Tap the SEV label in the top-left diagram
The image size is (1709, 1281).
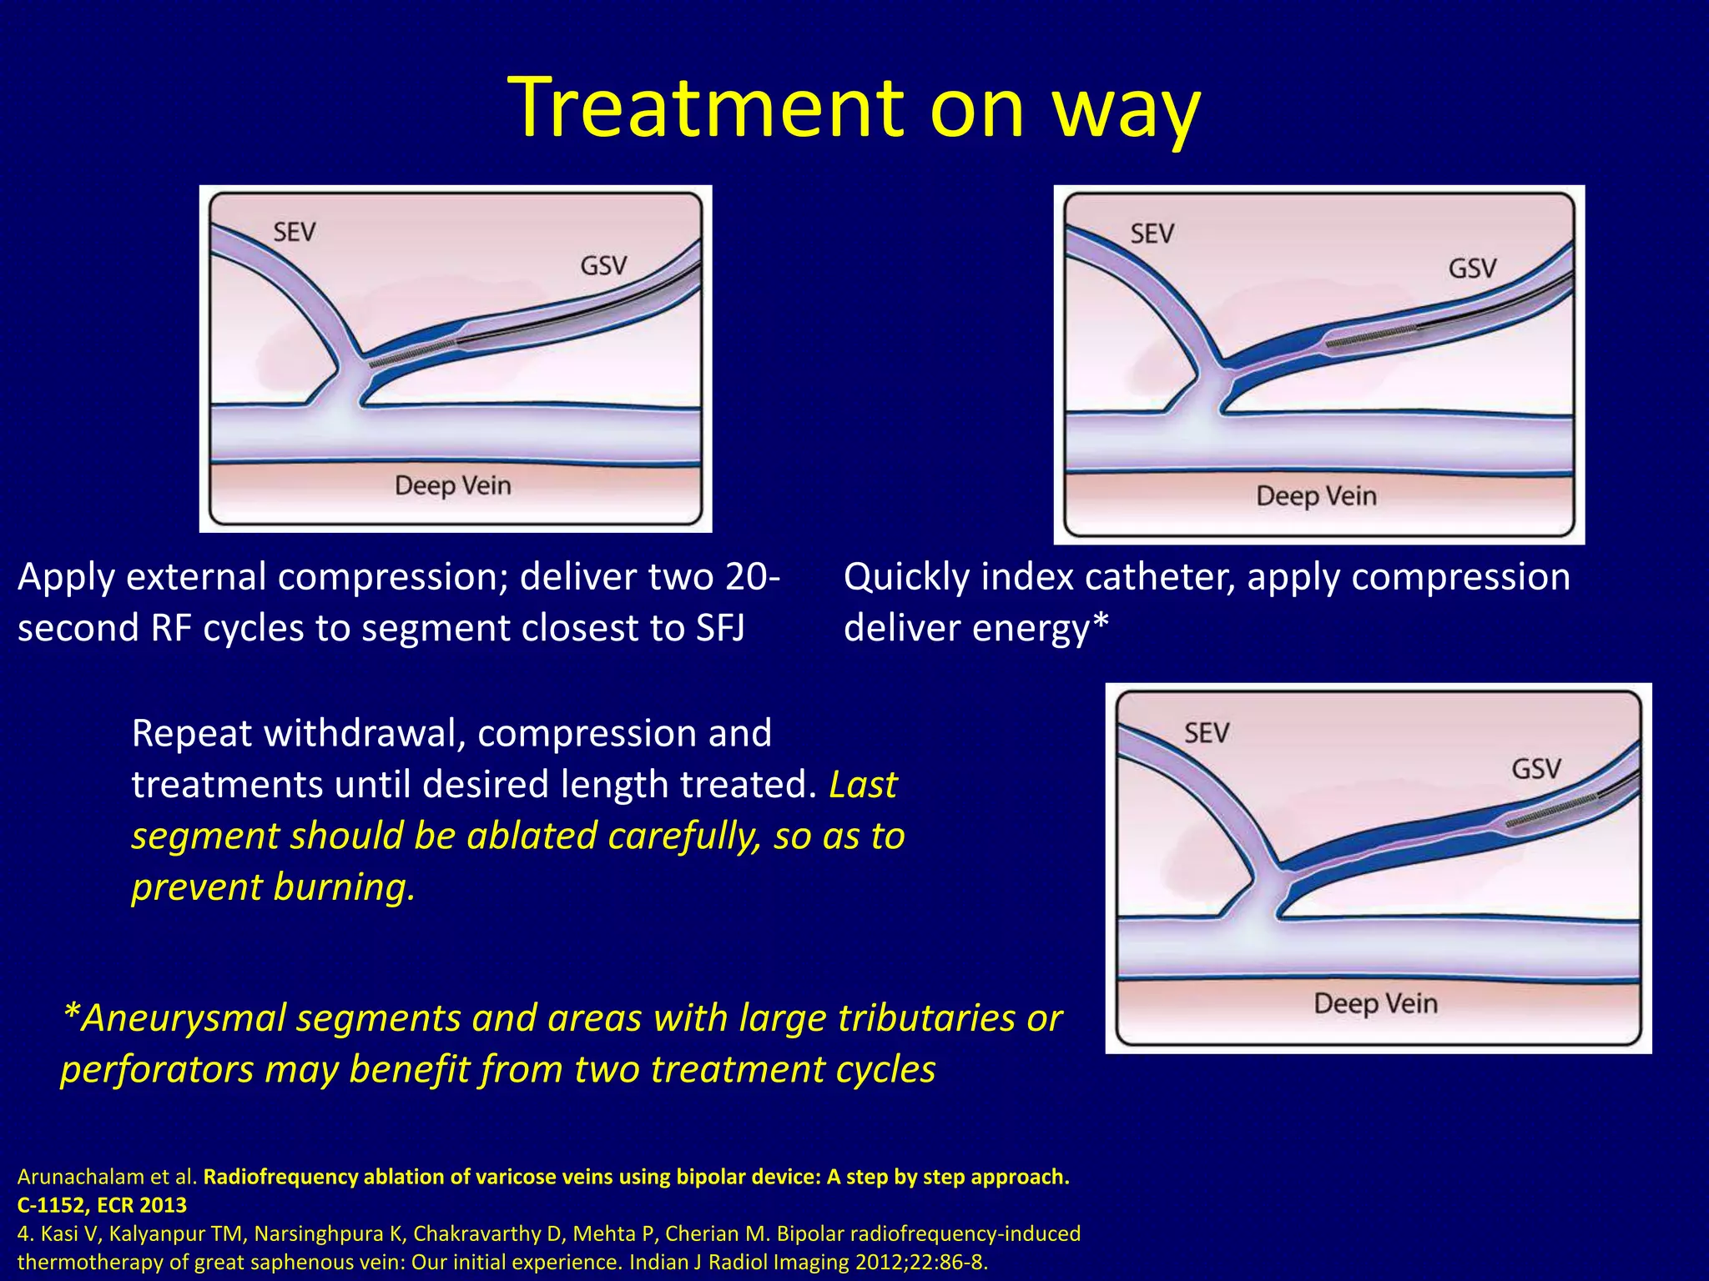(295, 231)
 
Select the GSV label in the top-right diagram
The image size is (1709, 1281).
(1472, 269)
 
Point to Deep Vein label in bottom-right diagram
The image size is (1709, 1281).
(1375, 1002)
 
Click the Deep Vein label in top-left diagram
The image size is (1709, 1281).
(452, 485)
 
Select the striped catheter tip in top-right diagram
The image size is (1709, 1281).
(1371, 336)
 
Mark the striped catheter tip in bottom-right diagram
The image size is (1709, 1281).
(1550, 810)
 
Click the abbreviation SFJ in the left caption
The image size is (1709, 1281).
(720, 628)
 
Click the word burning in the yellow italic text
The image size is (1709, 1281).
(344, 887)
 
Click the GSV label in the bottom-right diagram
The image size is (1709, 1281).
(1535, 768)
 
